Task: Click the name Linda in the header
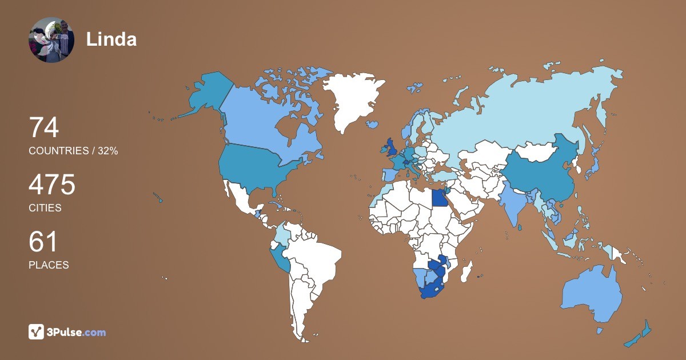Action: coord(111,39)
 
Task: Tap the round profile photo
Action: coord(51,39)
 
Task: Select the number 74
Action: coord(44,127)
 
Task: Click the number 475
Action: coord(52,185)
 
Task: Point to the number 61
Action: coord(43,242)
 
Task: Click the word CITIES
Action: coord(45,208)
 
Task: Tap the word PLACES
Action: coord(49,265)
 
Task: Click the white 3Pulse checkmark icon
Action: coord(36,332)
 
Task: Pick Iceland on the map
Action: coord(373,124)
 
